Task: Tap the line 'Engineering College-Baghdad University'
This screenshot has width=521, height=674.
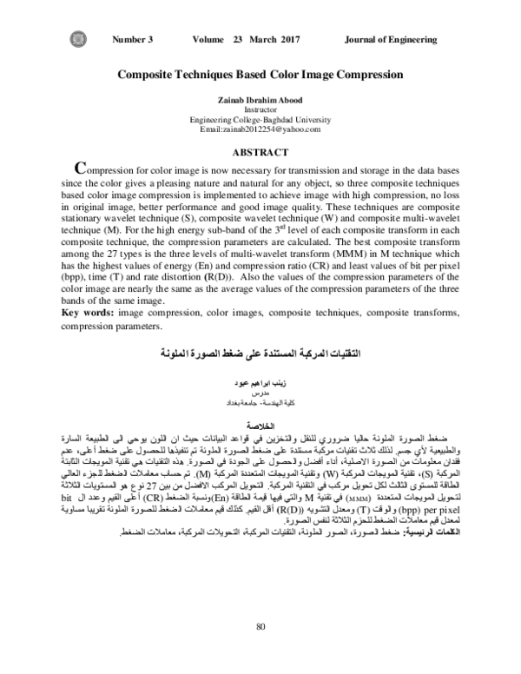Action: tap(260, 119)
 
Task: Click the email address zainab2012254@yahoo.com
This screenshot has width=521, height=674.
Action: tap(260, 129)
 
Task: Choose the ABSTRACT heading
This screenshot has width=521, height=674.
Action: tap(260, 150)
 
